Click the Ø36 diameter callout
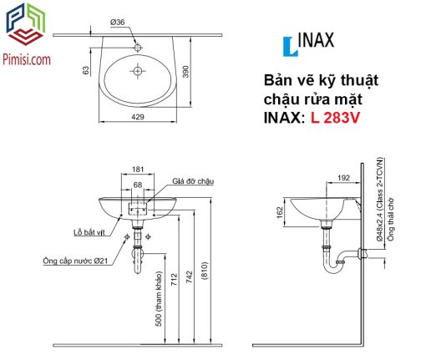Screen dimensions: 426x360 pyautogui.click(x=117, y=22)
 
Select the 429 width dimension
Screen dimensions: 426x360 pyautogui.click(x=138, y=117)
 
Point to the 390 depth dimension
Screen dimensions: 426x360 pyautogui.click(x=185, y=72)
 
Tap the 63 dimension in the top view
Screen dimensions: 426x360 pyautogui.click(x=86, y=70)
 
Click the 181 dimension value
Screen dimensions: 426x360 pyautogui.click(x=138, y=170)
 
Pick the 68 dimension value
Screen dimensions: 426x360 pyautogui.click(x=138, y=185)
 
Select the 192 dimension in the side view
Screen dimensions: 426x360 pyautogui.click(x=343, y=178)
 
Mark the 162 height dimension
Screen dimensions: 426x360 pyautogui.click(x=280, y=212)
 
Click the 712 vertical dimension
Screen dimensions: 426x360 pyautogui.click(x=174, y=280)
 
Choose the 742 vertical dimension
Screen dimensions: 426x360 pyautogui.click(x=189, y=277)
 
